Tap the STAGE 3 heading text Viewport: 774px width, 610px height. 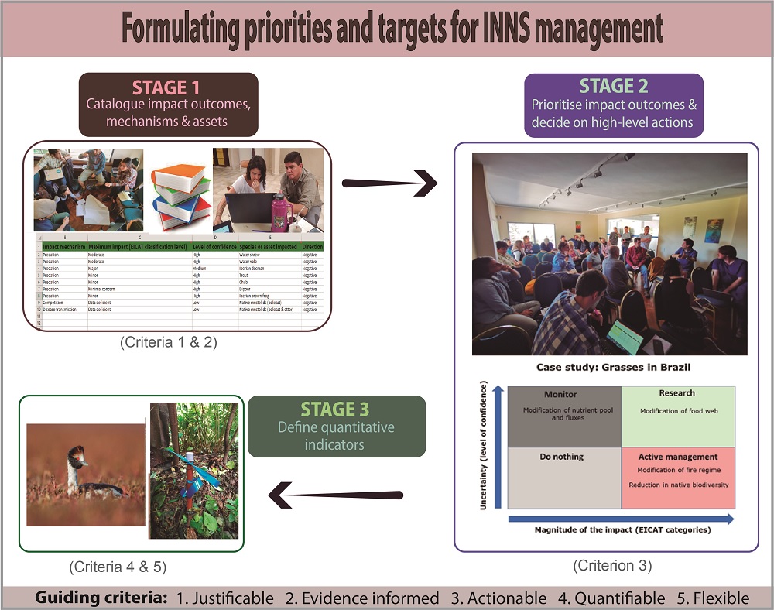[336, 410]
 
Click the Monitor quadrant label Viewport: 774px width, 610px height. [560, 394]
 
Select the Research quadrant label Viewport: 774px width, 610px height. [677, 393]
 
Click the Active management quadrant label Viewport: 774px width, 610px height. [677, 457]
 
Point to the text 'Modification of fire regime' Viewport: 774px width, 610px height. [677, 470]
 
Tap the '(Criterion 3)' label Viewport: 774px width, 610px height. [612, 566]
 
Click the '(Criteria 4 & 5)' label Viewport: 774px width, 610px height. [118, 567]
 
